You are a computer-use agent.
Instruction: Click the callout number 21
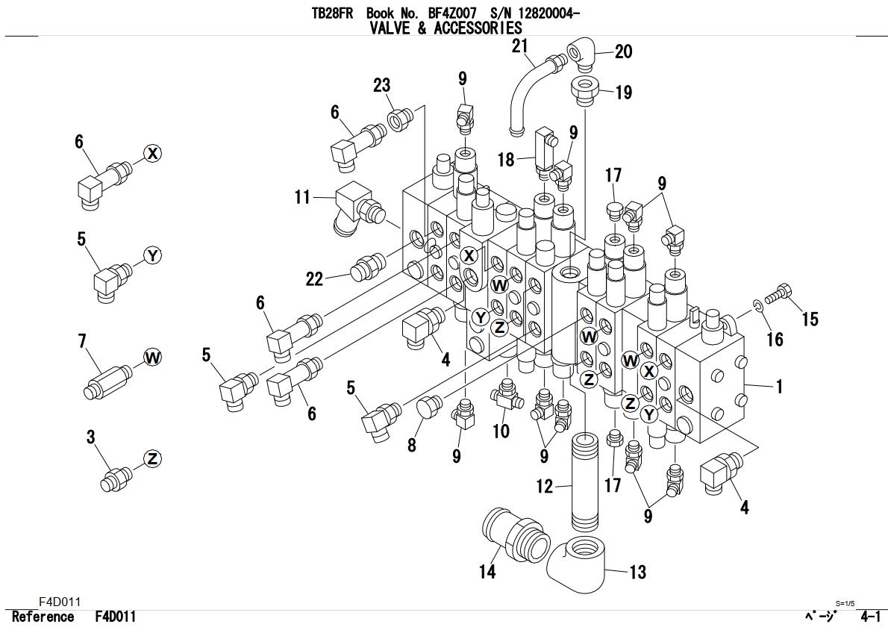(519, 47)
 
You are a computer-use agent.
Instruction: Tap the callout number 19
(623, 93)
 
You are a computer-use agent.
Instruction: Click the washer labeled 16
(757, 305)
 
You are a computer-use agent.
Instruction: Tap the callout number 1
(779, 386)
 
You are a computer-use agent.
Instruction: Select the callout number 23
(381, 86)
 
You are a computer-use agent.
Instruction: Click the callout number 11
(302, 197)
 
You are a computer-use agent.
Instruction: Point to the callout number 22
(314, 278)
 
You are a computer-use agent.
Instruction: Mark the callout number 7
(82, 342)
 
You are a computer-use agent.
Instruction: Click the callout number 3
(91, 437)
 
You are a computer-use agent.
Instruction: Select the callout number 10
(501, 431)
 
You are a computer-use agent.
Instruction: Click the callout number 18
(506, 159)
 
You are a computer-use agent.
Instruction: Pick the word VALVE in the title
(393, 28)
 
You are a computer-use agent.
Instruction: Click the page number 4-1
(869, 617)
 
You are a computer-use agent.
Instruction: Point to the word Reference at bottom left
(43, 617)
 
